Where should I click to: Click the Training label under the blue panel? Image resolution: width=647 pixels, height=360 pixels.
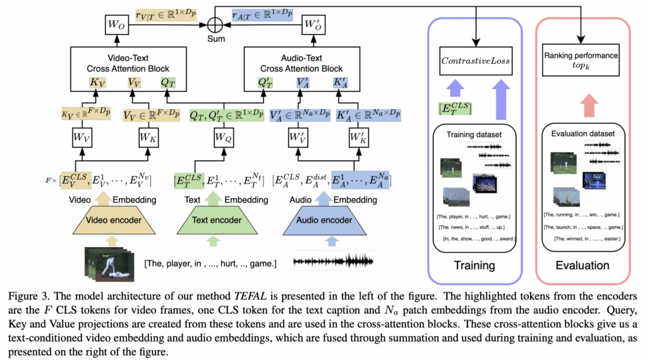pyautogui.click(x=475, y=266)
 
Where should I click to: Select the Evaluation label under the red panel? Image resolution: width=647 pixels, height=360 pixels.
pyautogui.click(x=581, y=266)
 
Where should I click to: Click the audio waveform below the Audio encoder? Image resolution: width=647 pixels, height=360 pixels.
pyautogui.click(x=333, y=260)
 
